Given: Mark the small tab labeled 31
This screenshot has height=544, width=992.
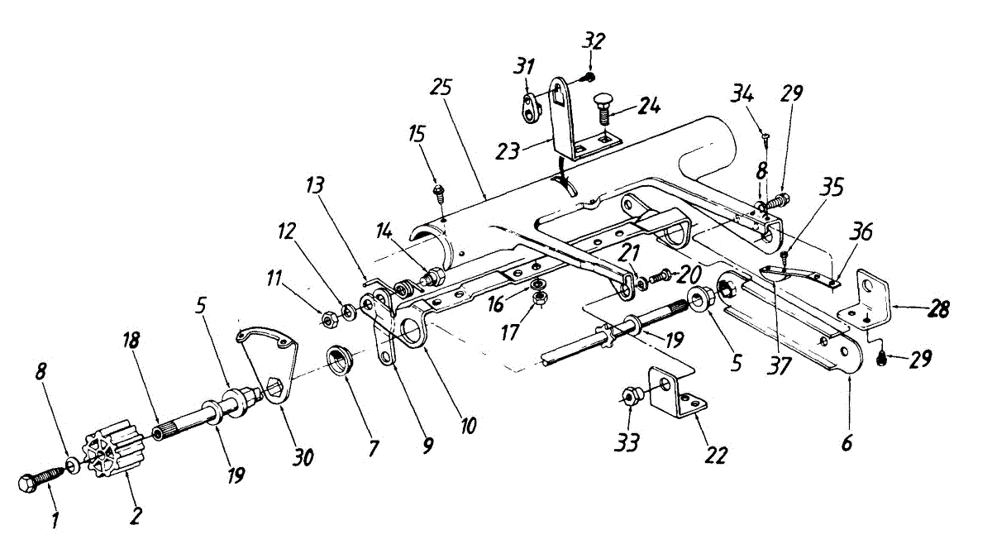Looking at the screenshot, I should point(529,105).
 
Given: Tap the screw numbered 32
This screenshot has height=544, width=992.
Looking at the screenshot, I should point(588,77).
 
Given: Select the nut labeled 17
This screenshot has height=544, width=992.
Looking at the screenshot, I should point(538,298).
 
